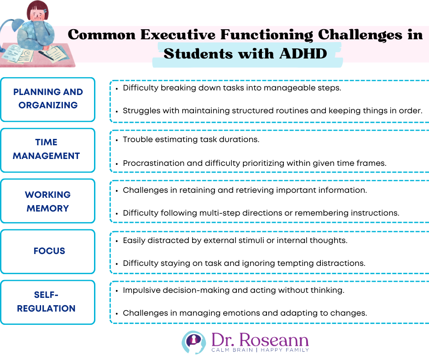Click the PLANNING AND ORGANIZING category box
coord(48,99)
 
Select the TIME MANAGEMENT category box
coord(48,150)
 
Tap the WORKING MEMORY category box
coord(48,201)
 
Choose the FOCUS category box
coord(48,251)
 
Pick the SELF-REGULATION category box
coord(48,302)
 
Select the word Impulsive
coord(141,290)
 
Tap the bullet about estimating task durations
coord(191,140)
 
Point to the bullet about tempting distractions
coord(244,263)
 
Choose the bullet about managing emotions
coord(245,313)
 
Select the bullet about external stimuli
coord(235,240)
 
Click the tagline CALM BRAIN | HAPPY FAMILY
coord(260,350)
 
